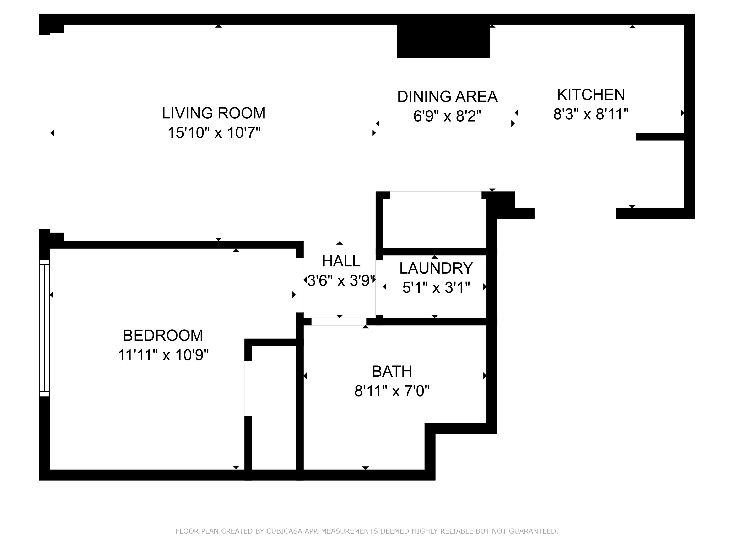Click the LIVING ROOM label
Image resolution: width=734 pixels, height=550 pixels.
pyautogui.click(x=213, y=113)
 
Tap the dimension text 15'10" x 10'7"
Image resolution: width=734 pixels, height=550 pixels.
pyautogui.click(x=214, y=133)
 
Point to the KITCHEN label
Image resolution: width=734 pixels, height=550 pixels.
pyautogui.click(x=591, y=95)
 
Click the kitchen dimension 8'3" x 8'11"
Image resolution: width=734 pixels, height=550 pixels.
pyautogui.click(x=591, y=114)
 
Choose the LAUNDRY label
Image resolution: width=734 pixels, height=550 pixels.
pyautogui.click(x=436, y=268)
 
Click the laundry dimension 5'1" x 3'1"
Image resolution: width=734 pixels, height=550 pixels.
pyautogui.click(x=436, y=287)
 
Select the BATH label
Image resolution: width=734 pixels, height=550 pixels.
pyautogui.click(x=392, y=371)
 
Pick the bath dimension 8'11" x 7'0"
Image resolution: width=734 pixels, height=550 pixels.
pyautogui.click(x=392, y=391)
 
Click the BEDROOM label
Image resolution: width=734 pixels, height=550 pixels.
pyautogui.click(x=163, y=335)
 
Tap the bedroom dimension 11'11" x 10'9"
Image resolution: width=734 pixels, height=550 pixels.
pyautogui.click(x=163, y=355)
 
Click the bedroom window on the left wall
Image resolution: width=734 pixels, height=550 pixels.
pyautogui.click(x=44, y=328)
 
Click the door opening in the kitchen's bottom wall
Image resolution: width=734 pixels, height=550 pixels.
pyautogui.click(x=575, y=213)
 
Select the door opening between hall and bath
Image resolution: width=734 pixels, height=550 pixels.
pyautogui.click(x=339, y=322)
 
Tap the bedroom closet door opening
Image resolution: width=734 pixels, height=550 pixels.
pyautogui.click(x=248, y=388)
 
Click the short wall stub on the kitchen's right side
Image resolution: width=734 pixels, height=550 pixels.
pyautogui.click(x=660, y=137)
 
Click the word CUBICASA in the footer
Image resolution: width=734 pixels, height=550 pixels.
pyautogui.click(x=284, y=531)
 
